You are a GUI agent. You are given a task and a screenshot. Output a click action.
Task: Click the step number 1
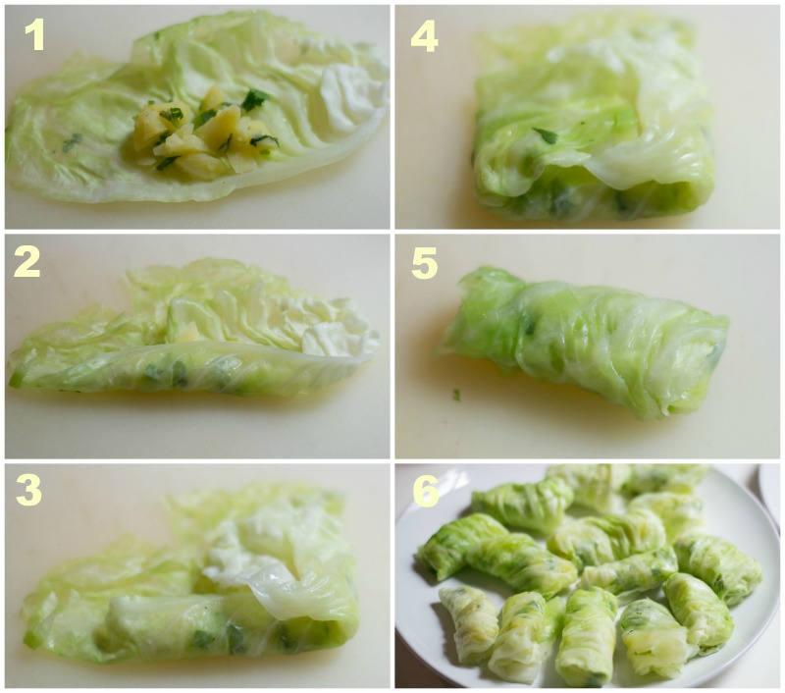[x=34, y=36]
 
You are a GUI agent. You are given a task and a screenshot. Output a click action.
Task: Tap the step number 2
[x=27, y=262]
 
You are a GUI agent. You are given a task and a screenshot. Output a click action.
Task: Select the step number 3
[x=28, y=490]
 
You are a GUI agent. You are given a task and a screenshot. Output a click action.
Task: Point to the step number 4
[x=425, y=37]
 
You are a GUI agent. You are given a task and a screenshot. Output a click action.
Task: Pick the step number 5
[x=425, y=264]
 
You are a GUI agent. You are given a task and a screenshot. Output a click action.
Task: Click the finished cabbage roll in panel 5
[x=583, y=341]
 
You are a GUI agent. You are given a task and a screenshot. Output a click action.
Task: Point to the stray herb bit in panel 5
[x=456, y=395]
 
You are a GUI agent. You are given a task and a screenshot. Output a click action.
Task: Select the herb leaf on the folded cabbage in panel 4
[x=546, y=135]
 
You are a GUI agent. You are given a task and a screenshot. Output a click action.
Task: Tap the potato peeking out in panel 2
[x=186, y=332]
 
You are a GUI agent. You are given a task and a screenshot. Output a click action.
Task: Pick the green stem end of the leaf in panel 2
[x=15, y=379]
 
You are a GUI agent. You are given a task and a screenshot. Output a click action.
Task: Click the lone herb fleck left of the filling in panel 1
[x=72, y=142]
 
